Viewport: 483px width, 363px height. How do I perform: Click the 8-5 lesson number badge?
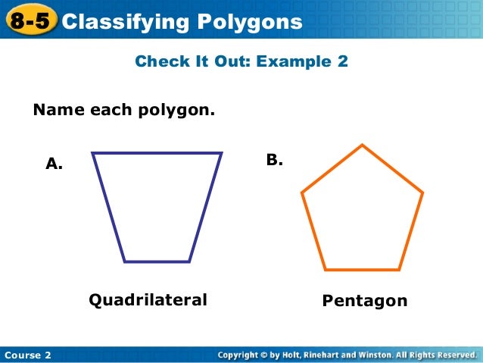coord(30,22)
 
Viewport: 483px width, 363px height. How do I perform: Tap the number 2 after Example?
coord(342,61)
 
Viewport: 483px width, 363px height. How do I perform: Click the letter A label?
coord(54,163)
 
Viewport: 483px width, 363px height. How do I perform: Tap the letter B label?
coord(274,160)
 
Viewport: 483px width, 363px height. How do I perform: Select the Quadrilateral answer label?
coord(148,300)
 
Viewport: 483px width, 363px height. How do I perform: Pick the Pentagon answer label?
coord(365,301)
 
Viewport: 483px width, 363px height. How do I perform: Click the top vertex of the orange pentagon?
coord(363,145)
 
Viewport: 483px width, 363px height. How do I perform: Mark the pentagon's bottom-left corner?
coord(325,270)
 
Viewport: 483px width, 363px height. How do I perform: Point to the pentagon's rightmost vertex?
coord(422,192)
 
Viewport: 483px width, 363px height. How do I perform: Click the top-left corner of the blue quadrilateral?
coord(93,154)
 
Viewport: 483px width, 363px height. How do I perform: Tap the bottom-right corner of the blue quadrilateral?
coord(189,261)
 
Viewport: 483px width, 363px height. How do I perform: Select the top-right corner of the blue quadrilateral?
coord(221,154)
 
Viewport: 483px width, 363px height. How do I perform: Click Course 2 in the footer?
coord(27,355)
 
